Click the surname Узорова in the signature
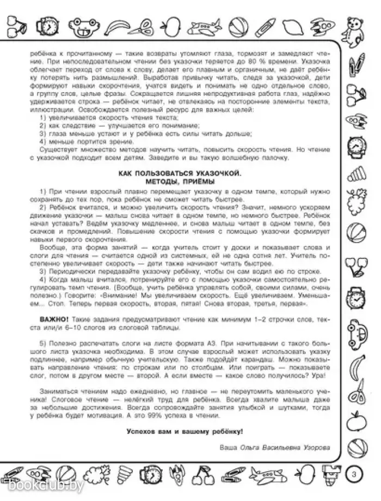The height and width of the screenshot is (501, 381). coord(314,448)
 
